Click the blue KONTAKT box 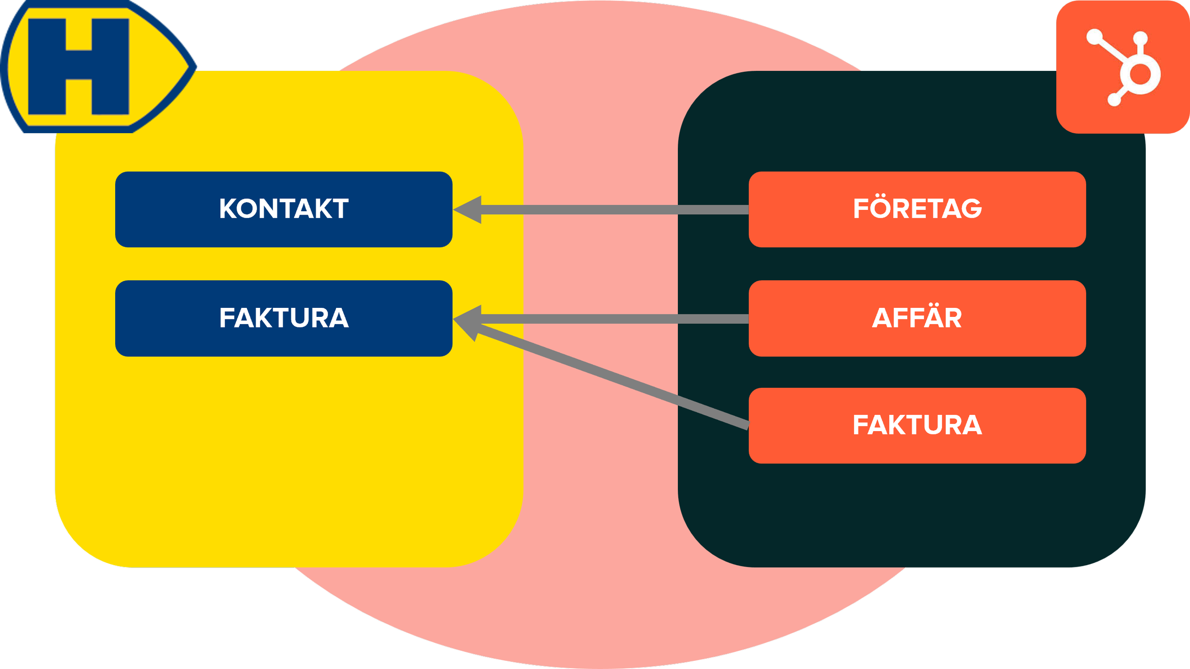[x=284, y=209]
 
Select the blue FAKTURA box [x=284, y=318]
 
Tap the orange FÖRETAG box [x=917, y=209]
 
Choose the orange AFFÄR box [x=917, y=318]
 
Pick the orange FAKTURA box [x=917, y=425]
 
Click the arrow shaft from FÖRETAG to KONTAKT [x=614, y=210]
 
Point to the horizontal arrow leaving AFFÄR [x=614, y=319]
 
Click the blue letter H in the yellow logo [x=79, y=67]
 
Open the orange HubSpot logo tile [x=1122, y=67]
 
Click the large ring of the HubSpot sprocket [x=1140, y=74]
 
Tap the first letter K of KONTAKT [x=228, y=209]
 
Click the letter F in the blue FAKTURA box [x=226, y=318]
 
